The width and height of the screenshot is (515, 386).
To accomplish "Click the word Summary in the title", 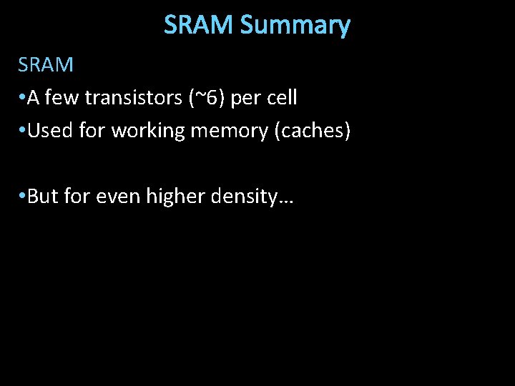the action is [x=295, y=25].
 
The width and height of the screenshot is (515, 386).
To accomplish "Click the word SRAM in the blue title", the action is [x=200, y=25].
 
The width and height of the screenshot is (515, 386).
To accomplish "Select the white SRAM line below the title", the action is [x=46, y=65].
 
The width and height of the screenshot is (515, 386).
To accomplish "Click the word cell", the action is [x=282, y=98].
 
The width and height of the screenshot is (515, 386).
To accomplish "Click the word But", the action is [x=43, y=197].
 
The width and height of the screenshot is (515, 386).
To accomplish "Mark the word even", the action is [x=117, y=197].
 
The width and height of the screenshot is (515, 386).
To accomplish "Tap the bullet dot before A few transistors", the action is [x=22, y=99].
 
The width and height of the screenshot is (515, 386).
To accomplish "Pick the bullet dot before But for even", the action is [x=22, y=197].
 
